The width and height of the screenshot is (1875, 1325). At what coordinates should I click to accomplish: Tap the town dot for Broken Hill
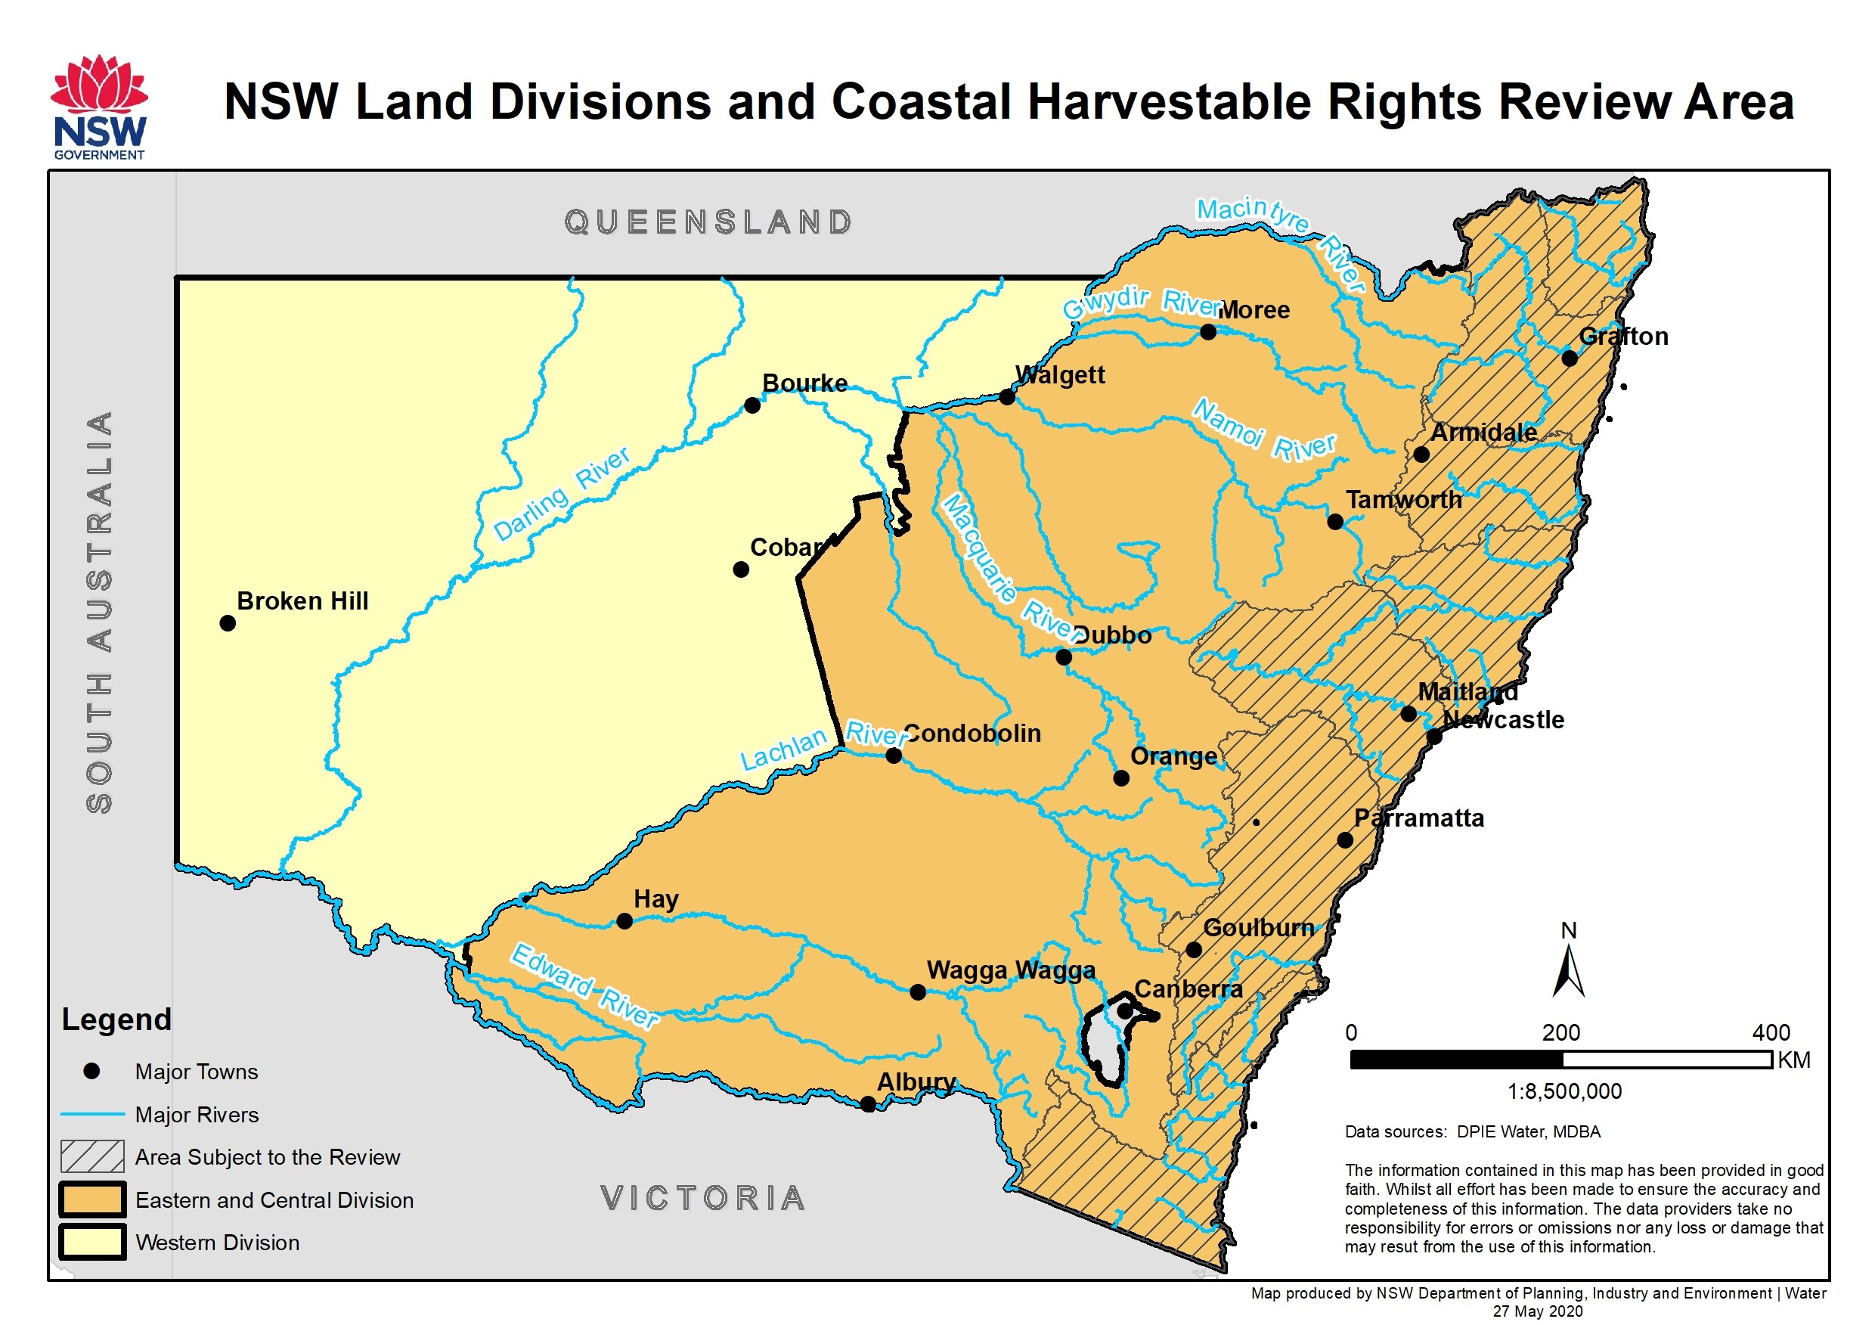click(228, 623)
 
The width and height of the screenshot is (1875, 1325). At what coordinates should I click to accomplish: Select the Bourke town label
click(804, 383)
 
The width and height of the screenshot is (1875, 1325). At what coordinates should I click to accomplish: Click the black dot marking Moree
click(1208, 332)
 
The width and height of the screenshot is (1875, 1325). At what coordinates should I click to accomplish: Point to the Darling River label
click(562, 493)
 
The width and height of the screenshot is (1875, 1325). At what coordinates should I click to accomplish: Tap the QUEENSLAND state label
click(708, 222)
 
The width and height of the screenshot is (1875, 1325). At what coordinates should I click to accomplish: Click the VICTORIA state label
click(702, 1199)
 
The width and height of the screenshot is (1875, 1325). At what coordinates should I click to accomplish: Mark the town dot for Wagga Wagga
click(917, 991)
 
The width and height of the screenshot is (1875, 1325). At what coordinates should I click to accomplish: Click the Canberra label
click(1189, 989)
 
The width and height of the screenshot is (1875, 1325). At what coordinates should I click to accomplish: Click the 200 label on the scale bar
click(1560, 1032)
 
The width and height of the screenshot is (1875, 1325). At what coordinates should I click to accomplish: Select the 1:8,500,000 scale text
click(1564, 1091)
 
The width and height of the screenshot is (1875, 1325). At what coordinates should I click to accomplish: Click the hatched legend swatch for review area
click(92, 1156)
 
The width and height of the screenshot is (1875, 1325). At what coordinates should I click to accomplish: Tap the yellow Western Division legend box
click(92, 1242)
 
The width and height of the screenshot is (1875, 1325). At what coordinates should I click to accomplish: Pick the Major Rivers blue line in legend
click(92, 1114)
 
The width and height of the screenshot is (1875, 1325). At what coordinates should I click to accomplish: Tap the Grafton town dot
click(1569, 358)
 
